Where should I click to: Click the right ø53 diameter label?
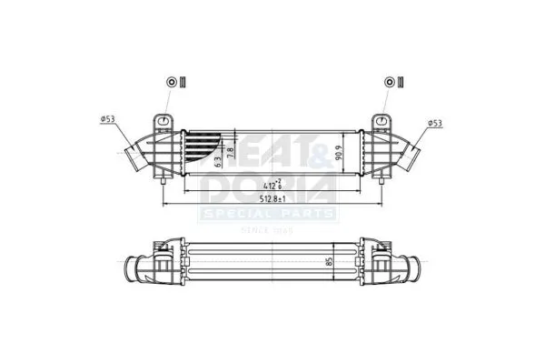[434, 122]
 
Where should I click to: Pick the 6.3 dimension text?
[219, 162]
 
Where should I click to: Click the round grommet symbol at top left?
[171, 82]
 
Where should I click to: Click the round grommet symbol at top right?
[390, 82]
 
